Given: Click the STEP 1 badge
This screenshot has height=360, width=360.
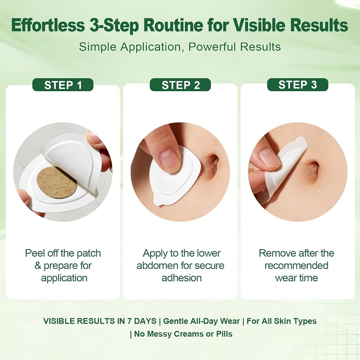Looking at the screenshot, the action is click(63, 85).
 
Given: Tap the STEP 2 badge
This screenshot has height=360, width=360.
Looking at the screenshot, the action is click(180, 85).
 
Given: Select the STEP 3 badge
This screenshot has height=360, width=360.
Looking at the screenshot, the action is click(298, 85).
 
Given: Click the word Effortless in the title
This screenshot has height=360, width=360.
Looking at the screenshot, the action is click(48, 25).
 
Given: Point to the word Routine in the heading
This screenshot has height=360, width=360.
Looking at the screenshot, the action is click(174, 25).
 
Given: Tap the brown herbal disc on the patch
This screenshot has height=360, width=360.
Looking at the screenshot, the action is click(57, 183).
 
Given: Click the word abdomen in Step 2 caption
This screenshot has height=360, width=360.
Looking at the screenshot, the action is click(157, 266).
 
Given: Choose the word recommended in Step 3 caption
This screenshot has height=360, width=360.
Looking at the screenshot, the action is click(296, 266).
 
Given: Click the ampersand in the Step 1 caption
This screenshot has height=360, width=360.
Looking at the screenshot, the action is click(38, 266).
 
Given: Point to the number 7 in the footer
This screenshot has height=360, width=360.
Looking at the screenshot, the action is click(130, 321).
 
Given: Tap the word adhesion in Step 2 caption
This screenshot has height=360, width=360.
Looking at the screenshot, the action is click(181, 278).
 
